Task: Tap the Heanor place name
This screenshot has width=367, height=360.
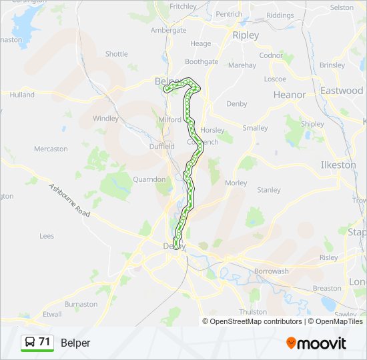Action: coord(290,95)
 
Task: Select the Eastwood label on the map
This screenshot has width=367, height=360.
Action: coord(341,90)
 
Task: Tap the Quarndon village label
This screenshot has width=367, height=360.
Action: coord(149,179)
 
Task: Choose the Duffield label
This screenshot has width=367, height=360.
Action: coord(162,146)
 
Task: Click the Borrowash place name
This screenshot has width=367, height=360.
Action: coord(271,271)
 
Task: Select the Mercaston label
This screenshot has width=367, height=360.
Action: coord(51,149)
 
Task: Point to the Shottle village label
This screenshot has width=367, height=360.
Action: coord(116,54)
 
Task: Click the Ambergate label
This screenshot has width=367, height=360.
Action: coord(168,30)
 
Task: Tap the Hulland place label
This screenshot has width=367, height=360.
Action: coord(22,95)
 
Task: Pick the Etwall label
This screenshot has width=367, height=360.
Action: coord(51,314)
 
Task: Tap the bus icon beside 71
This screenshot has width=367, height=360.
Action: coord(29,343)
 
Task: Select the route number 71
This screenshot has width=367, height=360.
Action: coord(45,342)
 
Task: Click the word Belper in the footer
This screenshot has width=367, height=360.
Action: coord(75,343)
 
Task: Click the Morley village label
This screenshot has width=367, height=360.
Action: coord(236,183)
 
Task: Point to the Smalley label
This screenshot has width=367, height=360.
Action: coord(255,128)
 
